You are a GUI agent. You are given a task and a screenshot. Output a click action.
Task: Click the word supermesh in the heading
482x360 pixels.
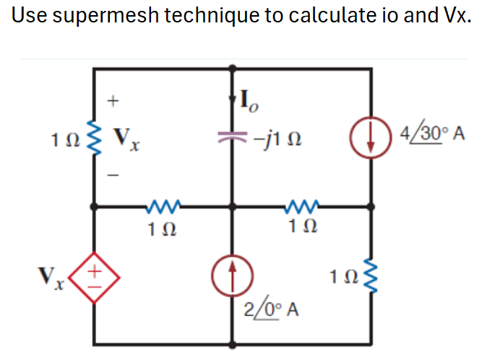pos(101,16)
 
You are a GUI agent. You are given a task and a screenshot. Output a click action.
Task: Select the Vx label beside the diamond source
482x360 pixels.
pos(51,276)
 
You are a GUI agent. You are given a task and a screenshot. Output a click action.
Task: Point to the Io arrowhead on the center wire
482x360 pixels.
pos(233,95)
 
